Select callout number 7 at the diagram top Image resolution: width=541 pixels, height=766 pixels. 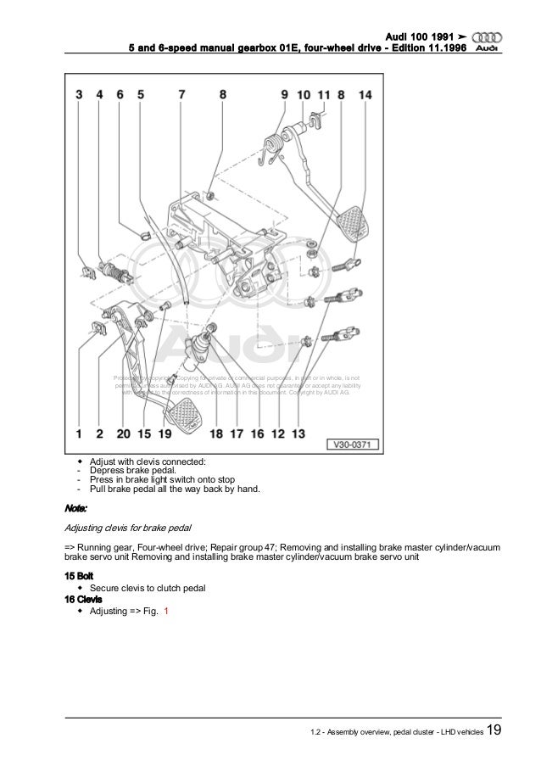tap(181, 97)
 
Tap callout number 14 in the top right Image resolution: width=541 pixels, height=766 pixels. tap(365, 97)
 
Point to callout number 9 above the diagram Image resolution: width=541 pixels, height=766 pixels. tap(284, 97)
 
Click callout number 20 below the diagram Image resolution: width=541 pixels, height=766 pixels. tap(124, 434)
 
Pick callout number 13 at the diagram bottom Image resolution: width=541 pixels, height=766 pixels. tap(298, 434)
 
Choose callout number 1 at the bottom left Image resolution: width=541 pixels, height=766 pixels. tap(78, 434)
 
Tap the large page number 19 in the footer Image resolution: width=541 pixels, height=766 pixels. tap(493, 732)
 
